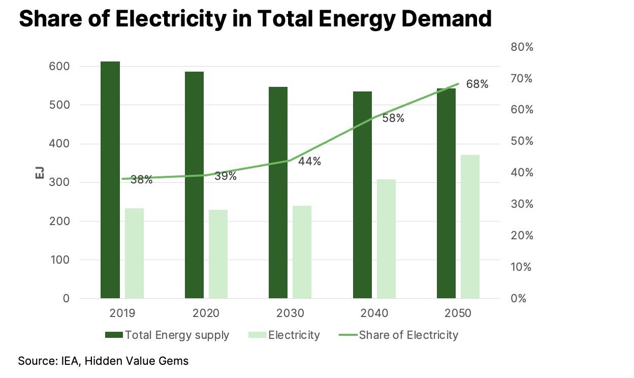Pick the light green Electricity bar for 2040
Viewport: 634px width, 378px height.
tap(386, 238)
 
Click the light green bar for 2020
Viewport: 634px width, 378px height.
tap(218, 254)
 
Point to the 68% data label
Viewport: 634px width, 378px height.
tap(477, 84)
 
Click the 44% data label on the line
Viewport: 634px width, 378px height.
tap(309, 162)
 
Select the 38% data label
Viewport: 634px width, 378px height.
tap(141, 179)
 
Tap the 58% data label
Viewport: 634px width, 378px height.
tap(393, 118)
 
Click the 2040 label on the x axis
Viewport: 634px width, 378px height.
tap(375, 313)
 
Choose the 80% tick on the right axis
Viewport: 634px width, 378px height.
tap(521, 47)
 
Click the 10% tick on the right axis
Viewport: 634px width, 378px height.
tap(521, 267)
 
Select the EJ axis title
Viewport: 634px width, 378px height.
tap(40, 172)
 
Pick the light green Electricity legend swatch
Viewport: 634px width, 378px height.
tap(257, 335)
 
